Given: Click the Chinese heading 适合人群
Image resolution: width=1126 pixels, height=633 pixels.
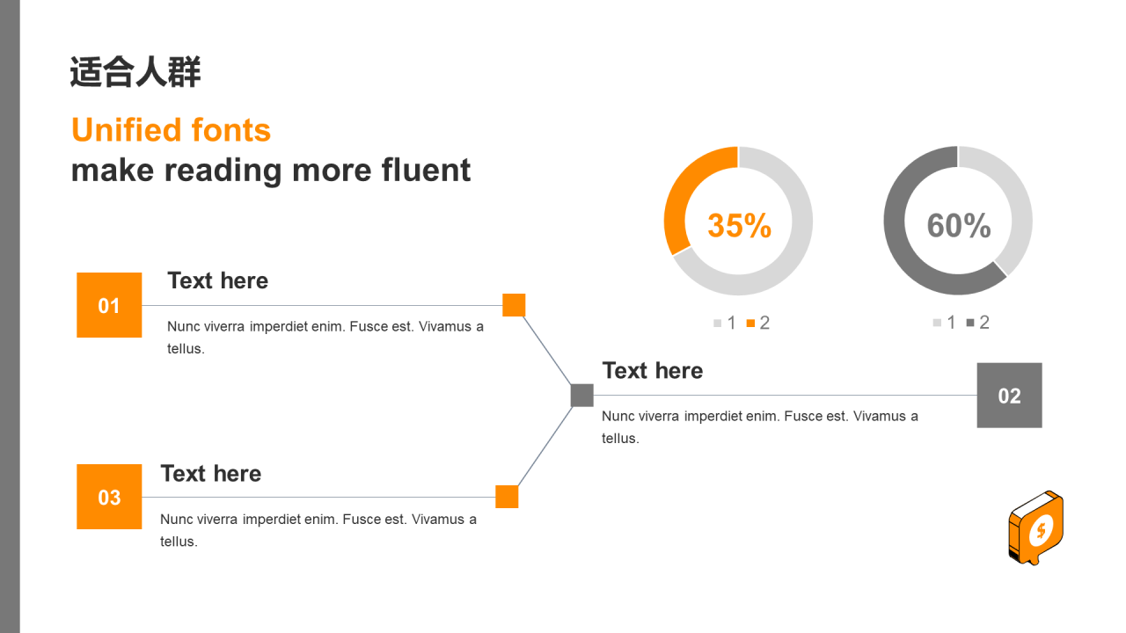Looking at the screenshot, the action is tap(135, 72).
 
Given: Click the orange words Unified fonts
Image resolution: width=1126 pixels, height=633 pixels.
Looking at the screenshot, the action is tap(171, 130).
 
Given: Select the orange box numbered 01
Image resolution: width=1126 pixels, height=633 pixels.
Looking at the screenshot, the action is tap(109, 305).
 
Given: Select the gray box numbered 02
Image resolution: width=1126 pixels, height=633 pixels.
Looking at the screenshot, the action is tap(1009, 396).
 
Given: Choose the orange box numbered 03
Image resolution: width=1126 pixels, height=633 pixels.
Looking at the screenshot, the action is tap(109, 497).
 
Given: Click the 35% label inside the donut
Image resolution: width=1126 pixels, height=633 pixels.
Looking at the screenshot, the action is tap(739, 225).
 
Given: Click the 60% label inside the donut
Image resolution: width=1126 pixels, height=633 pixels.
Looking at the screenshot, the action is tap(959, 225).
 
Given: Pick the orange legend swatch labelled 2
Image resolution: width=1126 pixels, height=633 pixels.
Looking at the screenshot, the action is tap(750, 323).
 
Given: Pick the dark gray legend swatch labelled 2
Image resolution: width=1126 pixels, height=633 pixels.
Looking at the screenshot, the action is tap(970, 323).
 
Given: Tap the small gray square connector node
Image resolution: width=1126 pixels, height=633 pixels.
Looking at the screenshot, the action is tap(582, 396).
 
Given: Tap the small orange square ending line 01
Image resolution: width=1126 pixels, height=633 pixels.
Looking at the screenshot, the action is tap(514, 305).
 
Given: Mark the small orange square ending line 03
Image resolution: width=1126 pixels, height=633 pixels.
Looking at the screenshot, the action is tap(507, 497).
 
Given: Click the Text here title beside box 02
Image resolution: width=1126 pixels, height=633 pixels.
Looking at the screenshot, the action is tap(653, 371).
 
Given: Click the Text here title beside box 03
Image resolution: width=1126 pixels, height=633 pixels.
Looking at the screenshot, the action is tap(210, 474).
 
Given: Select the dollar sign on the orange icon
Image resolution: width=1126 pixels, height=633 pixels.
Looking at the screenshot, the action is tap(1041, 530).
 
